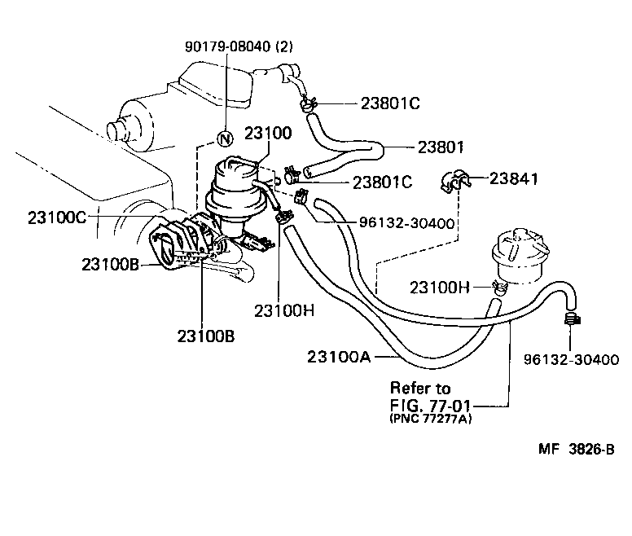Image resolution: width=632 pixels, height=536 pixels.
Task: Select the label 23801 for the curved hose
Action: (440, 147)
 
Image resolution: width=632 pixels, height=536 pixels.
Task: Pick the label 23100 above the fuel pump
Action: (266, 134)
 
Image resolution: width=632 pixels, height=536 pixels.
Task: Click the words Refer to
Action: (420, 388)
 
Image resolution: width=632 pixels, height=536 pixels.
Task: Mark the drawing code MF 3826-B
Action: (575, 450)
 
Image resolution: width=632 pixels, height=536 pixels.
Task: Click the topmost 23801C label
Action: (390, 103)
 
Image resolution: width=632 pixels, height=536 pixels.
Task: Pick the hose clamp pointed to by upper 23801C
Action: (306, 103)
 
